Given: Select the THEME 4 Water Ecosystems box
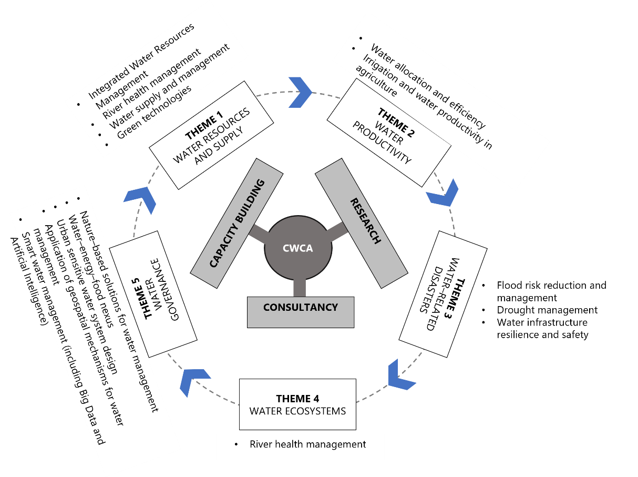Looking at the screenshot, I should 297,404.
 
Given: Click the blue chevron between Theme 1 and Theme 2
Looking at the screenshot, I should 301,92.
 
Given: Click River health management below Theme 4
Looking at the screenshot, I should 307,445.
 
